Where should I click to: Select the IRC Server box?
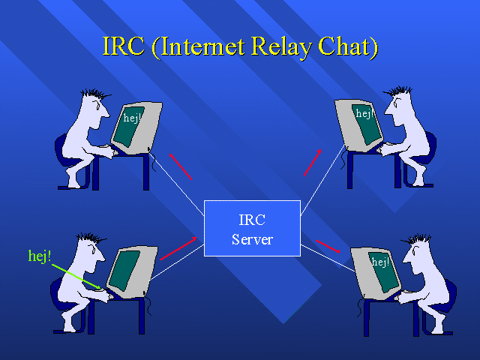pos(252,228)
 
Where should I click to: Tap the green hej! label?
pos(40,256)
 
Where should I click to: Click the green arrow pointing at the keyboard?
pos(76,277)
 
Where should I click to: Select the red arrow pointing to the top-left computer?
pos(181,166)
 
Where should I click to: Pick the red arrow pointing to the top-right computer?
pos(313,163)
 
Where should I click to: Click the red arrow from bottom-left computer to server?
pos(178,248)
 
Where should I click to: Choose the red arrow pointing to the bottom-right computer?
pos(328,247)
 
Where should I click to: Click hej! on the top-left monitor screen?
pos(132,118)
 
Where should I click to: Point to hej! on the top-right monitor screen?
pos(364,114)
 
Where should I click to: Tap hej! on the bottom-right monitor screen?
pos(380,262)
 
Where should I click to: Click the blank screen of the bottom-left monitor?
pos(124,270)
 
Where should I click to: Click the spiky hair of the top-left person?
pos(95,94)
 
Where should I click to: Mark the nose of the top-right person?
pos(387,111)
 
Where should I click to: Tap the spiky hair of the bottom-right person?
pos(417,238)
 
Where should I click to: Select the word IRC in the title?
pos(123,46)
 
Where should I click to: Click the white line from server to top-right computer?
pos(323,181)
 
